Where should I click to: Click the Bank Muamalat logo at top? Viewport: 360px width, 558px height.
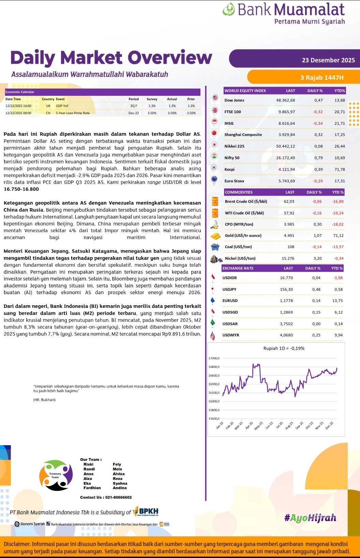284,14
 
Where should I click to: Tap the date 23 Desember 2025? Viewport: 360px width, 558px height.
328,60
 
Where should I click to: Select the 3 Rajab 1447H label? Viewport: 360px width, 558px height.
321,78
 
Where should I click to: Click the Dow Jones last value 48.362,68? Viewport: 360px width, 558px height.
285,101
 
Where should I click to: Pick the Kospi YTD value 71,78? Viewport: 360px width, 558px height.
340,169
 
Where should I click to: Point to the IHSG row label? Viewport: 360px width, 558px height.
229,123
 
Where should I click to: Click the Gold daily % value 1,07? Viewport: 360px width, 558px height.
317,236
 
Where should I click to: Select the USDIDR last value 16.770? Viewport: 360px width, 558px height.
286,278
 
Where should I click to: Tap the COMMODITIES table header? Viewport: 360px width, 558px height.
239,192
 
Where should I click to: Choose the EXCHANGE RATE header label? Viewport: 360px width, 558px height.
238,268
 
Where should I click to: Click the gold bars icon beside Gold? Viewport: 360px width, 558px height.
215,236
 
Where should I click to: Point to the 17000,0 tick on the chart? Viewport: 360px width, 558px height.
214,358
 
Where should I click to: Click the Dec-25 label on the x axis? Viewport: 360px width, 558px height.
329,426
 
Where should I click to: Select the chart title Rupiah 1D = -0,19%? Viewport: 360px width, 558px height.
284,348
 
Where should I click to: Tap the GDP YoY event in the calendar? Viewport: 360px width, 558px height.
62,106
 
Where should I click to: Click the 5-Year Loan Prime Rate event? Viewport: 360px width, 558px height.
73,113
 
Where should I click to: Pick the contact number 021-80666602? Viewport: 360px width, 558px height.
118,497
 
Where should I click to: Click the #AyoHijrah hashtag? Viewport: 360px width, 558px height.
310,518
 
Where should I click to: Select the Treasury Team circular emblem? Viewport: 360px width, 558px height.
56,475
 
